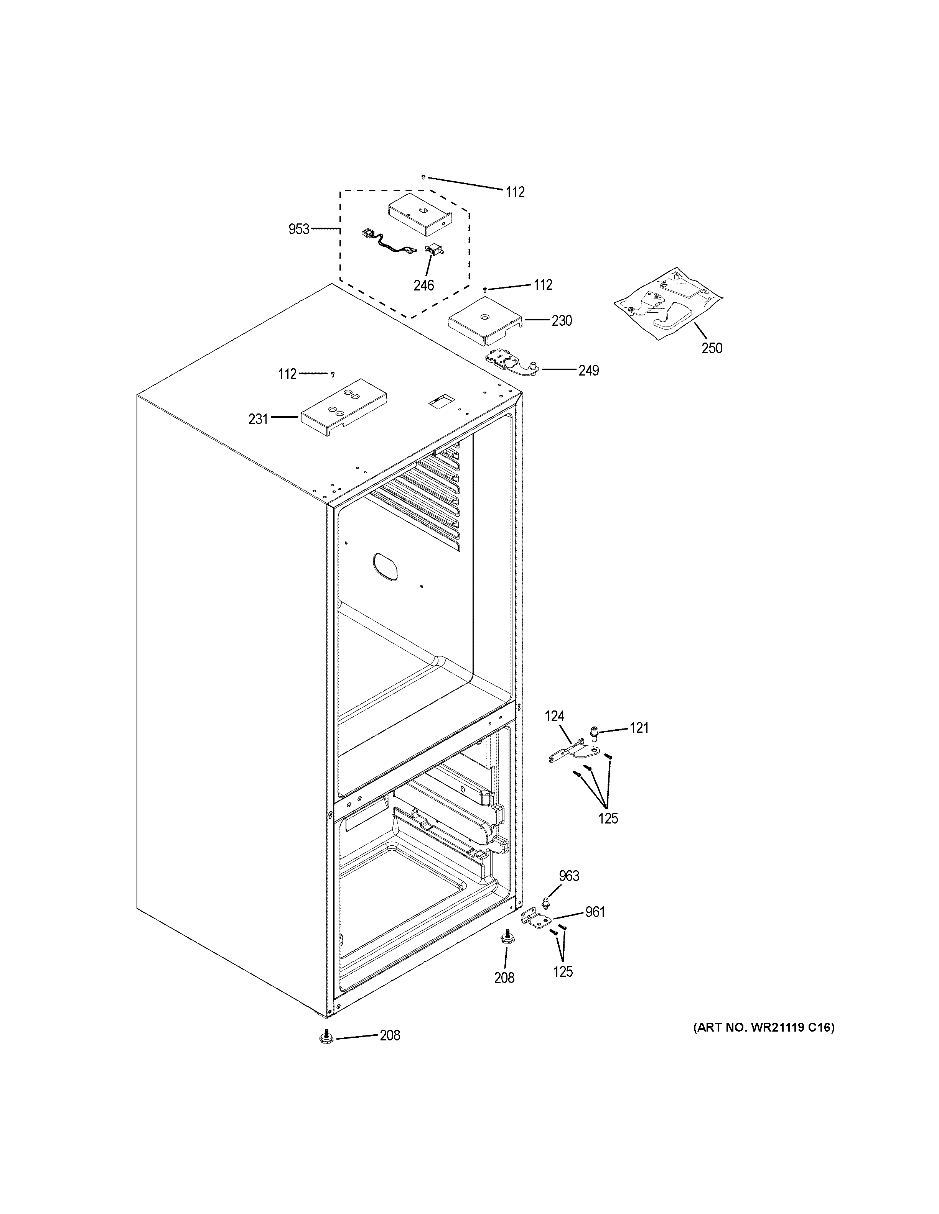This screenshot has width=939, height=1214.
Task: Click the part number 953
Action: pos(299,229)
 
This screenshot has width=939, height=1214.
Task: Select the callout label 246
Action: pos(423,285)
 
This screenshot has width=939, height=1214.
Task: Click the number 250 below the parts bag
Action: pos(712,348)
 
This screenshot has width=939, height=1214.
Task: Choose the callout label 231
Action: pos(258,419)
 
